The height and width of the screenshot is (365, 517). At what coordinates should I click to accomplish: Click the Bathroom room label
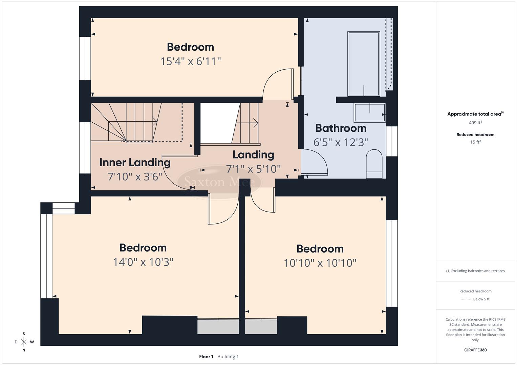coord(341,128)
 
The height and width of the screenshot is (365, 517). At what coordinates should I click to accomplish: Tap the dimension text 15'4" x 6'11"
coord(190,62)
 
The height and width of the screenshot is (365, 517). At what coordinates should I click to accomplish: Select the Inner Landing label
coord(135,163)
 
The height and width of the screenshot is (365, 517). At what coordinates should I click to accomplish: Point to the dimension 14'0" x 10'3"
coord(143,262)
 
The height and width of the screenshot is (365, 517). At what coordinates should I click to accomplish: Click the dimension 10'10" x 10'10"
coord(320,263)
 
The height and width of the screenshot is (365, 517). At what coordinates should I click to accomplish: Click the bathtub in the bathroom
coord(364,64)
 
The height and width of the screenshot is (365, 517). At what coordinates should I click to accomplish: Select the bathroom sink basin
coord(369,113)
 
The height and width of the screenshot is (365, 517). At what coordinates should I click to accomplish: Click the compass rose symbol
coord(24,342)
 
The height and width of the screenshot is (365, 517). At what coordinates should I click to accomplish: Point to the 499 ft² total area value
coord(475,123)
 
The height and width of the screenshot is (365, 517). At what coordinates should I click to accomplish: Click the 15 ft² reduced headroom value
coord(475,142)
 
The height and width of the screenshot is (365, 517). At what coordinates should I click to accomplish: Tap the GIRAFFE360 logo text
coord(475,350)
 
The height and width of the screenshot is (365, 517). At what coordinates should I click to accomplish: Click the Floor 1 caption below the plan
coord(206,357)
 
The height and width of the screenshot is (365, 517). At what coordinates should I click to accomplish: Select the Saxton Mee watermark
coord(219,182)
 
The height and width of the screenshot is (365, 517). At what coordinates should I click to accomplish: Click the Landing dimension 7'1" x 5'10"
coord(253,169)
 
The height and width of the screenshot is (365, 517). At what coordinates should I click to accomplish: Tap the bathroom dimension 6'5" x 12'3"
coord(341,142)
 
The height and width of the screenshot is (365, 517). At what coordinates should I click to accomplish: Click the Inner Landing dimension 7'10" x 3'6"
coord(135,176)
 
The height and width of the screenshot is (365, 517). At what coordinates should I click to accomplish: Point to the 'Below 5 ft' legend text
coord(481,299)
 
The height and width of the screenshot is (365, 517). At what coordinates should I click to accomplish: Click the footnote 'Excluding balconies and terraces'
coord(475,271)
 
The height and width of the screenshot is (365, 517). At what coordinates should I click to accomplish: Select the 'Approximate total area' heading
coord(474,114)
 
